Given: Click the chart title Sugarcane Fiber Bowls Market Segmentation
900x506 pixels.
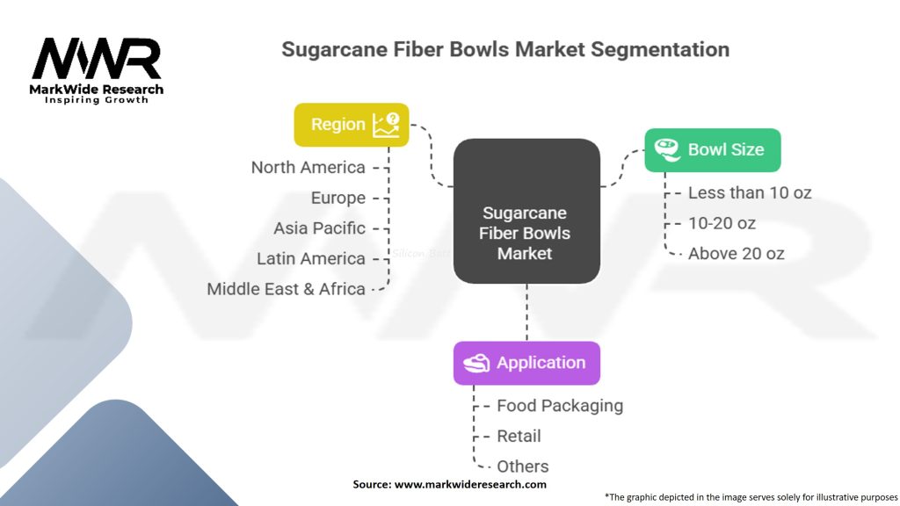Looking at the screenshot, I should [504, 48].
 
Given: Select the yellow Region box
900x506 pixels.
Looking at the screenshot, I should [351, 125].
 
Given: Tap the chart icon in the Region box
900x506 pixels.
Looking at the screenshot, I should [386, 125].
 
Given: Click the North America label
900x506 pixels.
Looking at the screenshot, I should [308, 167].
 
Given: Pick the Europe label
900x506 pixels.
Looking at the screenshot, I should [337, 198].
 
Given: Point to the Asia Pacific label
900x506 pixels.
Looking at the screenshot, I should [319, 228].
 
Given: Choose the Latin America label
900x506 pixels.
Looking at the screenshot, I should [310, 258].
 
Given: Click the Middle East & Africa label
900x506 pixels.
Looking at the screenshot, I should [286, 288].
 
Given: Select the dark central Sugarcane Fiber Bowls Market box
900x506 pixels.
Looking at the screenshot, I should [526, 211].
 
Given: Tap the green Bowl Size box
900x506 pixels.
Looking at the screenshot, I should [712, 149].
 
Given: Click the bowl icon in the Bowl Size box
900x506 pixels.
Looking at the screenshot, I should [669, 149].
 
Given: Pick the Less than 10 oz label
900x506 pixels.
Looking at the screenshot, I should [749, 192].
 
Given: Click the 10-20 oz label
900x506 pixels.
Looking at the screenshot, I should [722, 223].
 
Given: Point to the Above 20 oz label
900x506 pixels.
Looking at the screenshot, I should [736, 254].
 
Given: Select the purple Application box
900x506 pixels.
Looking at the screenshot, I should [526, 363].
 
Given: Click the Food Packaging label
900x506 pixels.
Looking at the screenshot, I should [559, 406].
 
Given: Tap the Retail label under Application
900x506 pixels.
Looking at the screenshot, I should [519, 436].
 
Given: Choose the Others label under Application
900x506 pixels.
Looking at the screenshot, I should [522, 466].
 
